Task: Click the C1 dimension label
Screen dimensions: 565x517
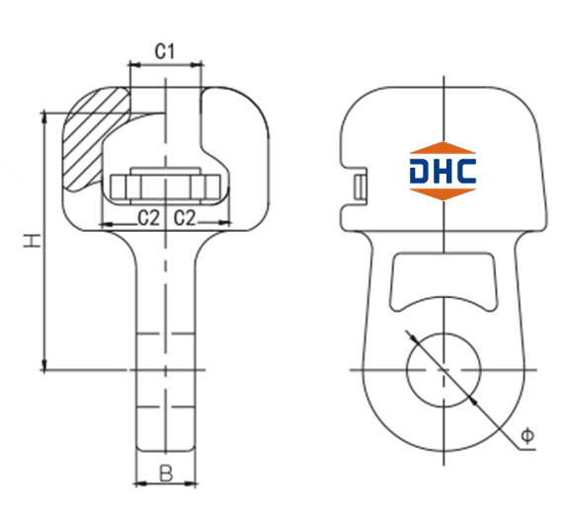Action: tap(165, 51)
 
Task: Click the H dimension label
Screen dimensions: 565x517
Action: tap(33, 240)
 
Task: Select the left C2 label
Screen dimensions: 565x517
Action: tap(148, 218)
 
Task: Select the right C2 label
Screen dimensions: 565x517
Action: tap(185, 218)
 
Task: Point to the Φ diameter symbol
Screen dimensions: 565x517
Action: tap(527, 436)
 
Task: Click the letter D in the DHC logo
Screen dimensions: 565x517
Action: tap(419, 171)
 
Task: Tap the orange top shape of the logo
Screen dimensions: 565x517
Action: tap(443, 149)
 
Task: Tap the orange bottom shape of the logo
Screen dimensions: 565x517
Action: tap(443, 193)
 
